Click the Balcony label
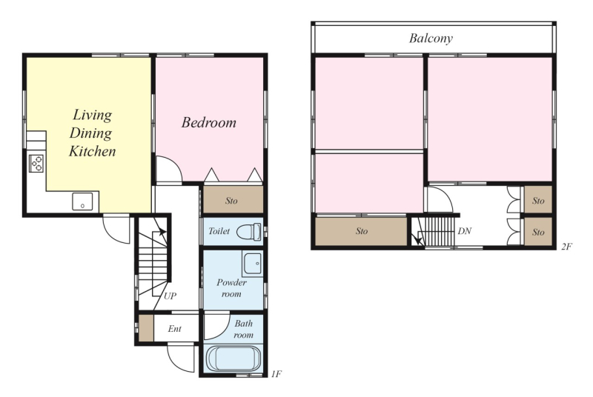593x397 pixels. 431,39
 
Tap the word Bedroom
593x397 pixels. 209,122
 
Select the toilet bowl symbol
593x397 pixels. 249,231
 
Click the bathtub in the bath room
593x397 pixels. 233,358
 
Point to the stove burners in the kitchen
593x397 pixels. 36,164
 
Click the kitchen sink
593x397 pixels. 82,201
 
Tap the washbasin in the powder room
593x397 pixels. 252,263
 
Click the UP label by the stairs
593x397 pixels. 170,296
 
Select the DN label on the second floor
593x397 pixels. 465,231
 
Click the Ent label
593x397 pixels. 175,329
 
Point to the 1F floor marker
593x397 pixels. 276,374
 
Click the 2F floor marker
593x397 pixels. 566,247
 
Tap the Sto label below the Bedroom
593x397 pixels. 231,201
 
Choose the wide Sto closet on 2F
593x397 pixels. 361,231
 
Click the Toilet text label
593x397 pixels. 219,231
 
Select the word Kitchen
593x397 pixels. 92,151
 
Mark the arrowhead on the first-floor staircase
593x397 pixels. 162,231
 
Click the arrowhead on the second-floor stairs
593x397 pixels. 418,240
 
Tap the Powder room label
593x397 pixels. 231,288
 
